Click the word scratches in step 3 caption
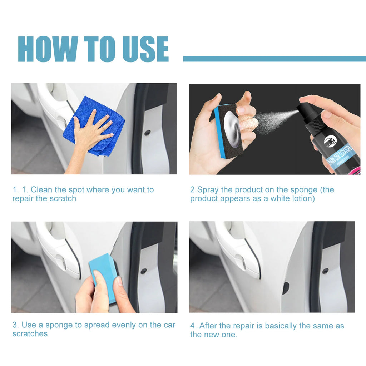point(30,333)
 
